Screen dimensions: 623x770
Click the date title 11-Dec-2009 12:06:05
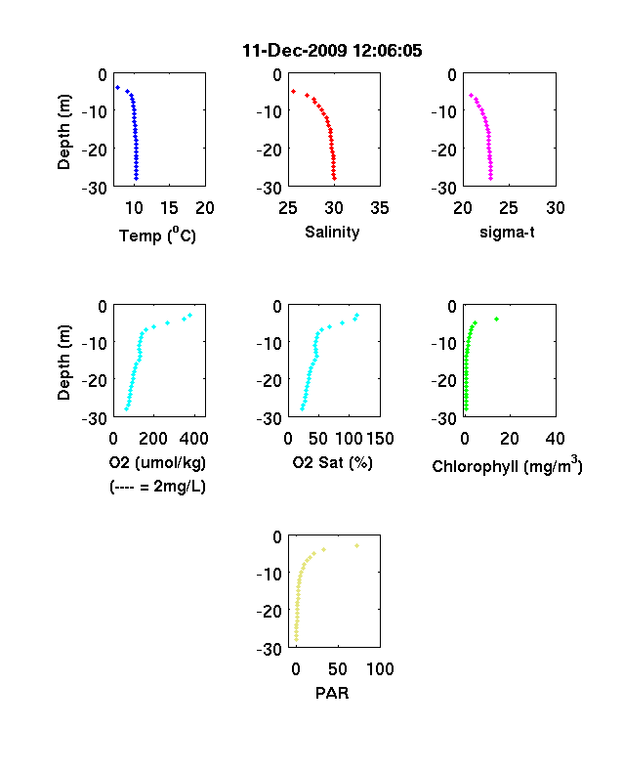[332, 51]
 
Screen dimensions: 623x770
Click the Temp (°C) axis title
[157, 235]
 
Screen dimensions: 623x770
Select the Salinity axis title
[332, 233]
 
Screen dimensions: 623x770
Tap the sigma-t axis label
[507, 232]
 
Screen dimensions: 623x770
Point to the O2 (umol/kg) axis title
[157, 463]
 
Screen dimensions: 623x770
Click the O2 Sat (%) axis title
[332, 463]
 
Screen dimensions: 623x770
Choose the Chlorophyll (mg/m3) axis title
[507, 464]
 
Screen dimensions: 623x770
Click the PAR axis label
[332, 693]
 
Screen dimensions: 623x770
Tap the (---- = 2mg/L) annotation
[157, 487]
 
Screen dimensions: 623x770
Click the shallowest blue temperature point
[118, 87]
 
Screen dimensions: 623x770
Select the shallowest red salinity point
[293, 91]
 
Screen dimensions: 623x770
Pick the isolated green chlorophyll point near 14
[496, 320]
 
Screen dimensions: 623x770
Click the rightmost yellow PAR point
[357, 545]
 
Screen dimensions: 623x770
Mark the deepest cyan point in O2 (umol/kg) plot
[127, 408]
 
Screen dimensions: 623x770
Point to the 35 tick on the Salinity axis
[380, 208]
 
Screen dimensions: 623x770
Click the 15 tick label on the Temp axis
[169, 208]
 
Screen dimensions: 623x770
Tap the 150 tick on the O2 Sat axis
[380, 439]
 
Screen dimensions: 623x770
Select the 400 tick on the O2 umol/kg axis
[193, 439]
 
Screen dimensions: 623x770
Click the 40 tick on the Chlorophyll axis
[555, 439]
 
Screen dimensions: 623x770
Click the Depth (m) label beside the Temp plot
[64, 132]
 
